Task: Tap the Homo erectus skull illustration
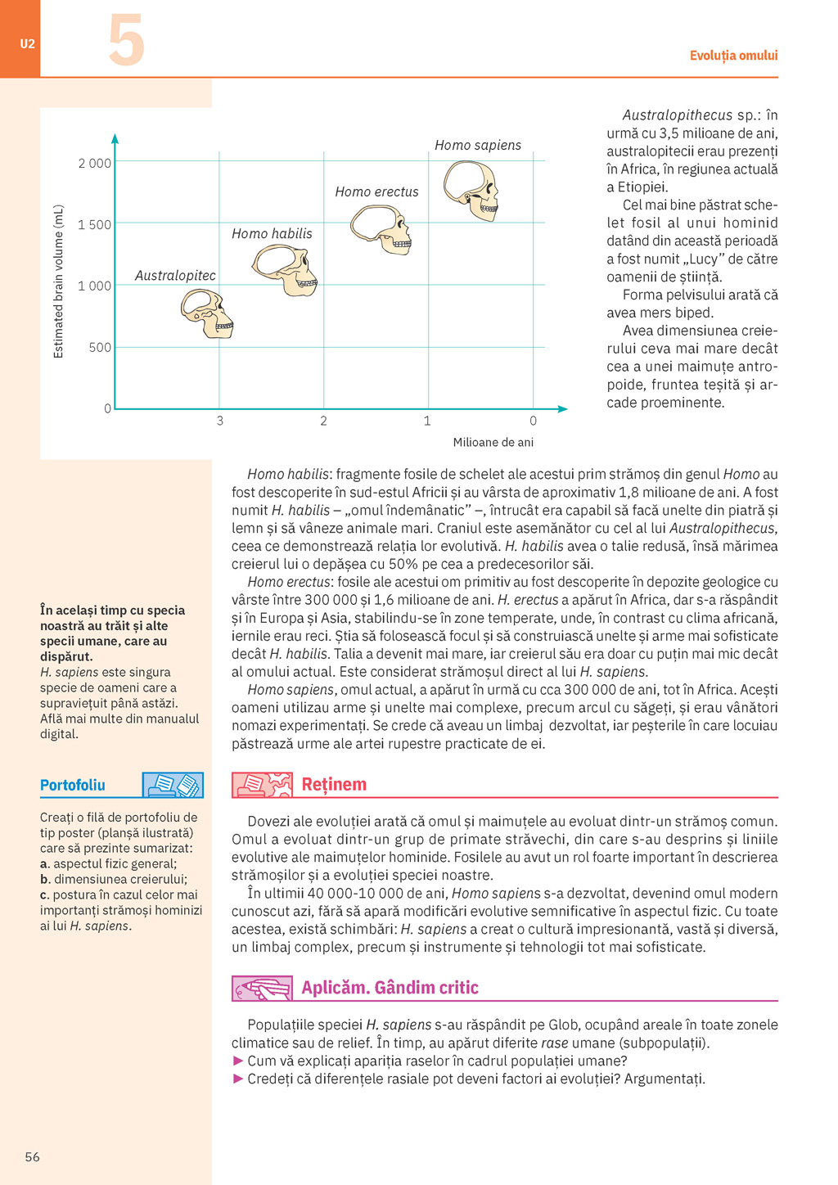pyautogui.click(x=381, y=229)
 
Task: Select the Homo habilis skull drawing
pyautogui.click(x=284, y=270)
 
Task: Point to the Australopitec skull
pyautogui.click(x=207, y=313)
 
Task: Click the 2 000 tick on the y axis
pyautogui.click(x=95, y=164)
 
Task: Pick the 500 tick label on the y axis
pyautogui.click(x=100, y=348)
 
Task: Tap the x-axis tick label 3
pyautogui.click(x=219, y=421)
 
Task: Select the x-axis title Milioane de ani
pyautogui.click(x=493, y=443)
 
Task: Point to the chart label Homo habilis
pyautogui.click(x=272, y=234)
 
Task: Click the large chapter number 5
pyautogui.click(x=127, y=41)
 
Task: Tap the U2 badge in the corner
pyautogui.click(x=28, y=43)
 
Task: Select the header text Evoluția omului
pyautogui.click(x=733, y=56)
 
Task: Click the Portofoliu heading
pyautogui.click(x=73, y=786)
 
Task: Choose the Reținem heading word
pyautogui.click(x=334, y=785)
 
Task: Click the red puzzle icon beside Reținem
pyautogui.click(x=262, y=785)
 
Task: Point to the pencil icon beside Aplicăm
pyautogui.click(x=262, y=989)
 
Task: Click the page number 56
pyautogui.click(x=33, y=1157)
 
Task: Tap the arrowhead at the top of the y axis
pyautogui.click(x=115, y=139)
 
